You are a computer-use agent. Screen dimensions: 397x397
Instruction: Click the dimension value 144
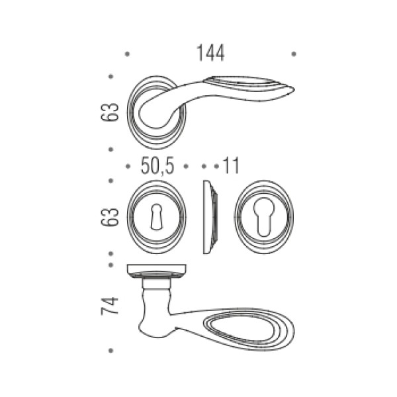click(210, 53)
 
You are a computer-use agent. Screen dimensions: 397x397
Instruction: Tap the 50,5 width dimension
click(157, 166)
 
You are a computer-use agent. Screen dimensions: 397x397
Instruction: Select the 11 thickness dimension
click(231, 166)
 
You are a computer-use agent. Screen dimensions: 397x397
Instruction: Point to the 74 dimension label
click(110, 306)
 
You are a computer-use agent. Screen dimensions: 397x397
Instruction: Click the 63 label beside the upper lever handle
click(110, 112)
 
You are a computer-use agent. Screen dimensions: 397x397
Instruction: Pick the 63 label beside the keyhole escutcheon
click(110, 217)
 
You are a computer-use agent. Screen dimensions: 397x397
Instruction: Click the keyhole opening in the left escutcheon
click(156, 217)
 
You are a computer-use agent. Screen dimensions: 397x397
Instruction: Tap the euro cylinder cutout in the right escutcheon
click(264, 217)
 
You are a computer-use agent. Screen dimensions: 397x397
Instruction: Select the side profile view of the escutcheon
click(210, 217)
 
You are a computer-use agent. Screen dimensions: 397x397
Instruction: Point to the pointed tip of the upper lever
click(294, 89)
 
